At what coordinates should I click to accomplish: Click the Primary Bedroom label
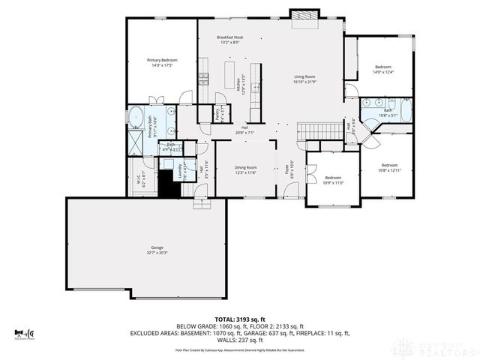(x=162, y=63)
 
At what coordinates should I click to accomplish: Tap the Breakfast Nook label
(x=230, y=40)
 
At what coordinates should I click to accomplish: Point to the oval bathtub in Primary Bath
(x=136, y=116)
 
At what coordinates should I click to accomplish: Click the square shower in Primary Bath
(x=136, y=142)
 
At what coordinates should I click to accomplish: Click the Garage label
(x=157, y=250)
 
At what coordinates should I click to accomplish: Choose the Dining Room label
(x=246, y=169)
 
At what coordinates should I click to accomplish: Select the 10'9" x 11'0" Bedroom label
(x=332, y=180)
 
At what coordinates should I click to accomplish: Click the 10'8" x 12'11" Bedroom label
(x=389, y=168)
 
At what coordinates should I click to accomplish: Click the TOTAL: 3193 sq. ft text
(x=239, y=319)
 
